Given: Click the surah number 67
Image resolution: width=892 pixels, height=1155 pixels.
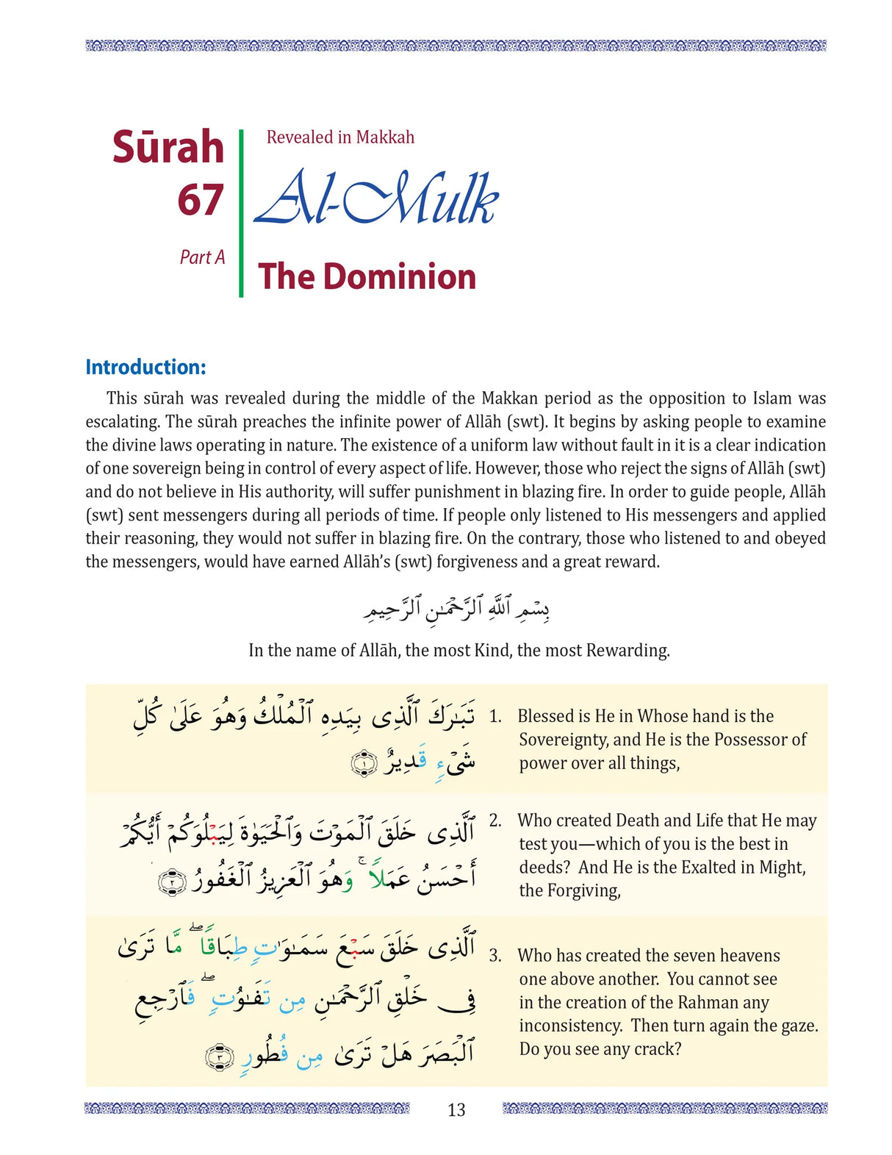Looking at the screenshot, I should pos(200,200).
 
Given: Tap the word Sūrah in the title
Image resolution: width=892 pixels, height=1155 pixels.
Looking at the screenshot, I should pos(168,147).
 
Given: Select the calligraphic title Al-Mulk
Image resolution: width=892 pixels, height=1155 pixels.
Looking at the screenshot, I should pos(375,199).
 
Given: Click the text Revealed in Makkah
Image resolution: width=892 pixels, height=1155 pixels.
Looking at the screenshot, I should pos(340,137).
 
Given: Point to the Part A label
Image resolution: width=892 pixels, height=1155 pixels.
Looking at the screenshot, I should pos(202,257).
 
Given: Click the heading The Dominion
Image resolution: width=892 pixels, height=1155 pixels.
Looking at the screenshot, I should pos(367,277).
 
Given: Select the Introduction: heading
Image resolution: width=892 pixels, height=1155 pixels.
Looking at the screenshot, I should pos(145,367).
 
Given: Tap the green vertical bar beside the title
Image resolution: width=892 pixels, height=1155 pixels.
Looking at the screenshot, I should pos(241,213).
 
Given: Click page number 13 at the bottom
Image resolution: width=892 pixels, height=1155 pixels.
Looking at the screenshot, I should pos(456,1109).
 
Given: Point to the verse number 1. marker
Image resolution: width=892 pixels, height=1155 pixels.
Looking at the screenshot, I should pos(495,717).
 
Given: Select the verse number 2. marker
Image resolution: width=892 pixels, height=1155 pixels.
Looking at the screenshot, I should pos(495,821).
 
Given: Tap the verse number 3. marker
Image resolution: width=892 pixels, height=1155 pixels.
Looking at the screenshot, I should pos(495,956).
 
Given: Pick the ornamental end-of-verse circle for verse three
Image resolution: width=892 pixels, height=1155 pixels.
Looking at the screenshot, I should pos(220,1057).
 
